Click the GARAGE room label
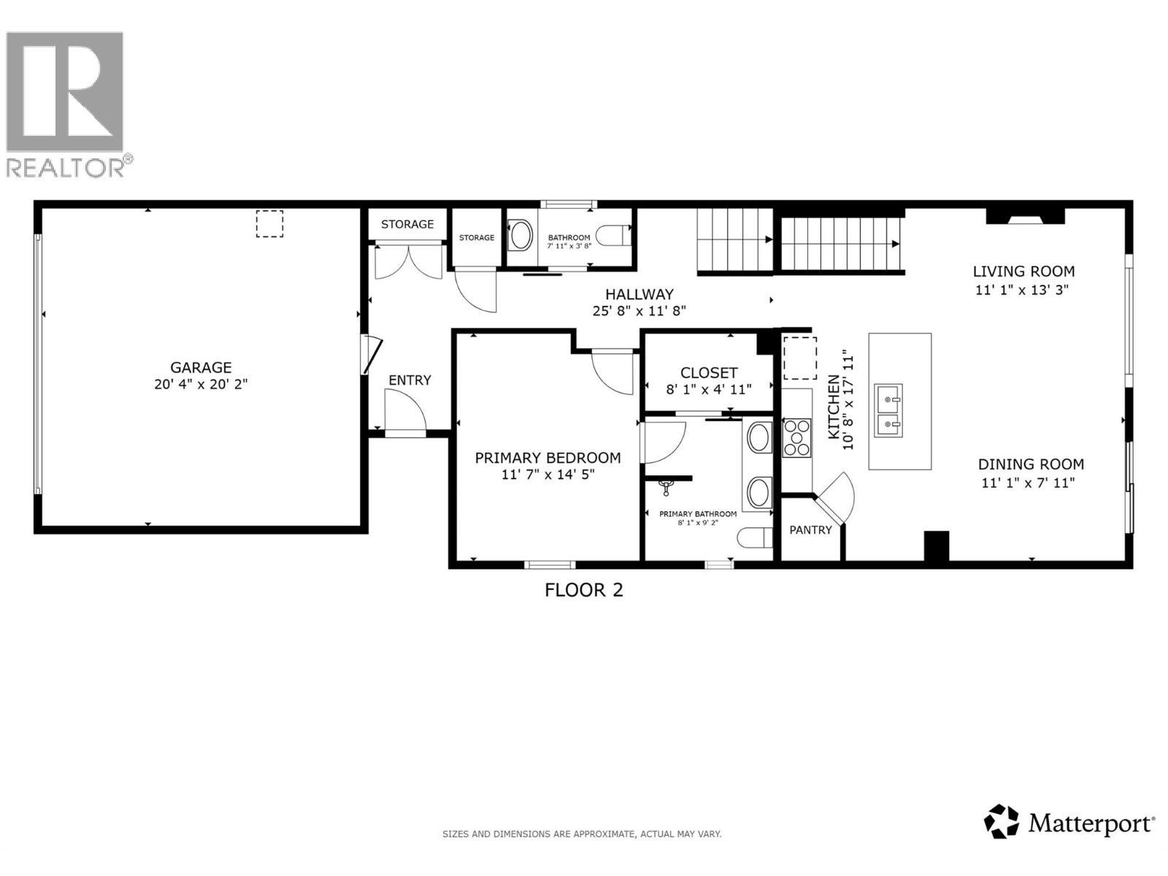click(x=201, y=367)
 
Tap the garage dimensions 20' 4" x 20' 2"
click(x=201, y=384)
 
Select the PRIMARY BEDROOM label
click(x=547, y=458)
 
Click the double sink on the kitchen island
click(x=888, y=410)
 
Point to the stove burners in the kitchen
click(x=796, y=437)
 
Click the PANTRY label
click(x=810, y=530)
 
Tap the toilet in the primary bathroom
click(x=755, y=538)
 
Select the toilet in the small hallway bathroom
click(x=611, y=236)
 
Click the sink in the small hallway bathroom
click(x=520, y=236)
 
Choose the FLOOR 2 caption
click(x=584, y=590)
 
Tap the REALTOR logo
click(x=66, y=102)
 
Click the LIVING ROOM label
click(x=1023, y=272)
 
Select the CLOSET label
click(x=709, y=372)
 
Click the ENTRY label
click(x=410, y=380)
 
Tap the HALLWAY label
click(x=639, y=294)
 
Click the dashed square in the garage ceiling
click(x=269, y=223)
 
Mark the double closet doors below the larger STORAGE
click(x=408, y=262)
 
